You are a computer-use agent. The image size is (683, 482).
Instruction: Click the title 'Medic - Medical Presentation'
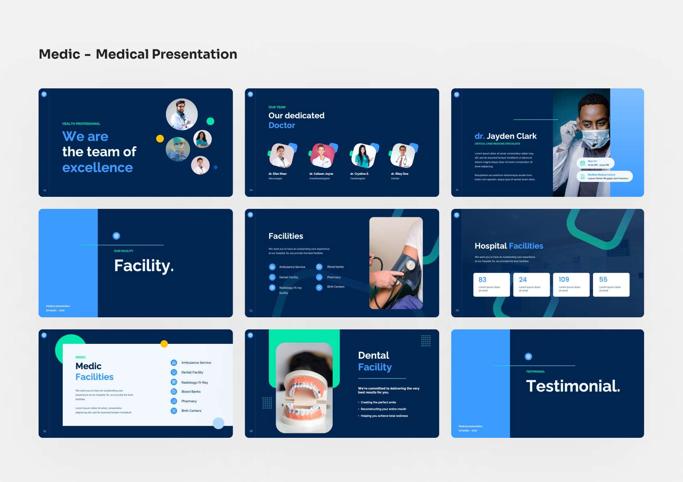138,54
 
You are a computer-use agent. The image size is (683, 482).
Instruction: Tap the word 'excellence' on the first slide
97,167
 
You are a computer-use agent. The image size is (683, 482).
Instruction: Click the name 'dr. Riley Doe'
399,174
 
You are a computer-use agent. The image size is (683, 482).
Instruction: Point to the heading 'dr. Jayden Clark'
505,136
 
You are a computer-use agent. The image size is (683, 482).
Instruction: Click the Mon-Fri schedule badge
595,163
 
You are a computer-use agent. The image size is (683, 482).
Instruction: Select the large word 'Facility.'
144,266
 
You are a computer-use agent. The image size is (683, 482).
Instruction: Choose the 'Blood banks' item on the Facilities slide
335,267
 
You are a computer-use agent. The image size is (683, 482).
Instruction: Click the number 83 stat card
491,284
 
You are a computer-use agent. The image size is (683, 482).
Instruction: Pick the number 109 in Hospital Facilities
564,280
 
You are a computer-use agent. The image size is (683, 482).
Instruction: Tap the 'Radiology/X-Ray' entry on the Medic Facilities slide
194,382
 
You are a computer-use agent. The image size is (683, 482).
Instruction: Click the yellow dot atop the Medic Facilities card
164,344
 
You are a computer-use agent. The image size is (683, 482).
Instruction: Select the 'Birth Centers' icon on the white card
174,411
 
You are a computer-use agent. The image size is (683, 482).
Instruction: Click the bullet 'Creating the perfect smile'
378,402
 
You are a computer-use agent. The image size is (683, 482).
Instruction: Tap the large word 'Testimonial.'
573,386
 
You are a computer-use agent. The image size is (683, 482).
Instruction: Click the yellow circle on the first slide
160,139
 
